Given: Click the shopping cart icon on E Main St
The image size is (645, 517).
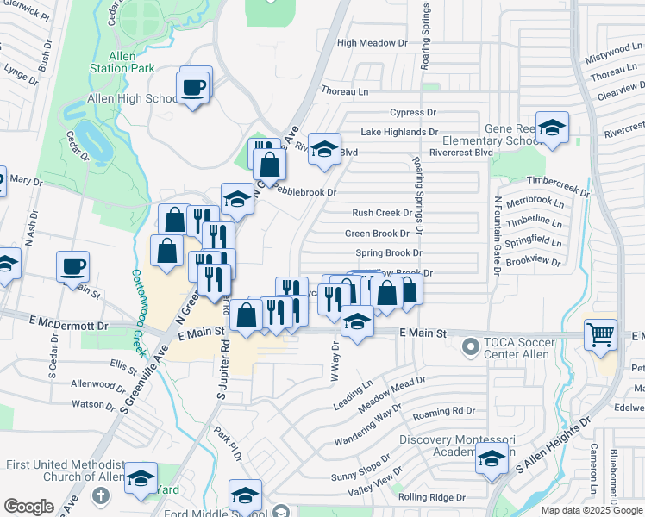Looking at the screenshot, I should tap(600, 333).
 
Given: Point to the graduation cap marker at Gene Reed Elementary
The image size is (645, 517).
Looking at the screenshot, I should tap(552, 128).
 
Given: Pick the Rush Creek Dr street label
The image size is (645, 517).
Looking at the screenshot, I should tap(381, 213).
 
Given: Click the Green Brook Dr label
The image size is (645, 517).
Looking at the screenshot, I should tap(378, 234).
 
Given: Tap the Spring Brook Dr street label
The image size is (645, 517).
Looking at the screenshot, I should tap(389, 253).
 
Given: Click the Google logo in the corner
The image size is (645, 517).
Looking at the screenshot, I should tap(28, 507).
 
